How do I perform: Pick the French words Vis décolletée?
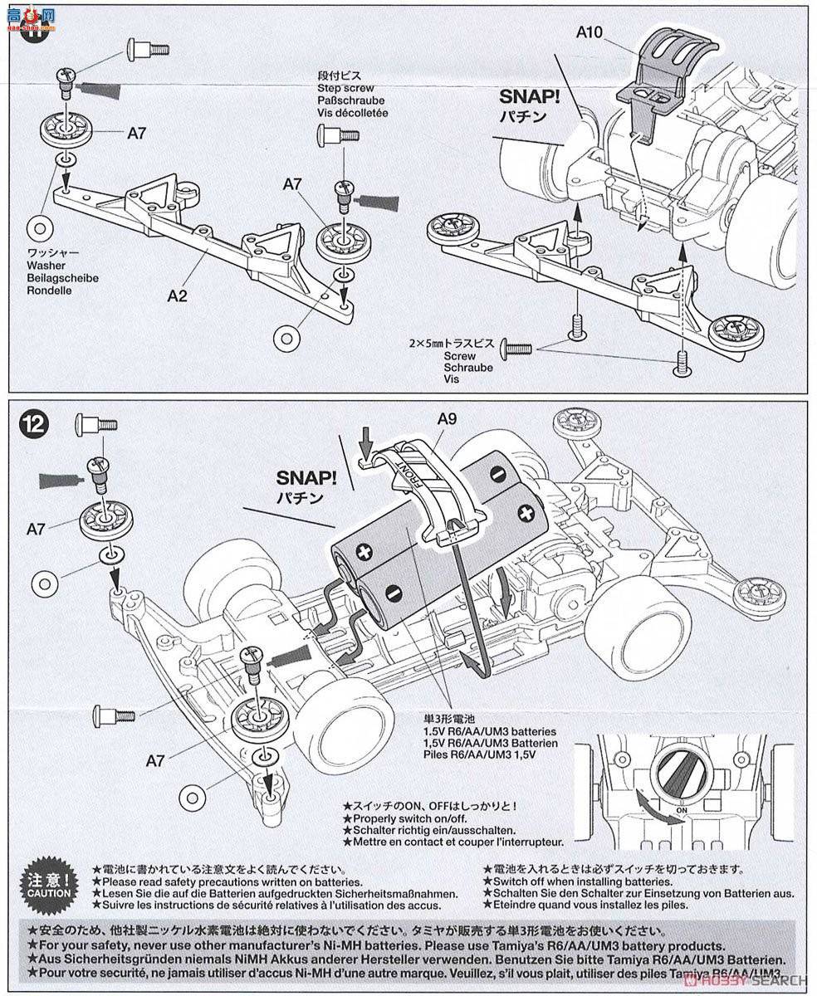point(352,112)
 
